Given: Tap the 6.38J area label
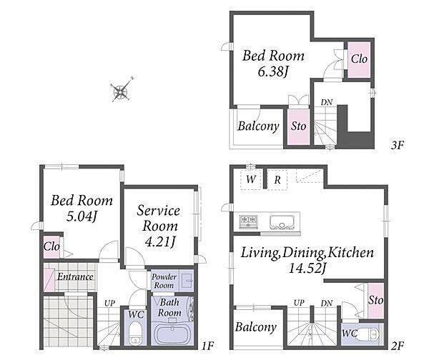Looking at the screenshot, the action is click(x=273, y=72).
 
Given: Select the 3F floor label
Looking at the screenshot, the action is click(x=398, y=145).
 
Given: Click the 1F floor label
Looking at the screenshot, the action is click(x=207, y=346).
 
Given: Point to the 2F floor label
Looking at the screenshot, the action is click(x=398, y=346).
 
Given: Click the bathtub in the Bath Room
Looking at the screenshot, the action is click(x=172, y=333).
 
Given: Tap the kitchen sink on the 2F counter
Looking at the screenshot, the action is click(x=282, y=222).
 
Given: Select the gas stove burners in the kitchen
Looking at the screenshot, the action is click(x=248, y=221).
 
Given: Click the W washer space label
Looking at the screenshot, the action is click(x=251, y=179).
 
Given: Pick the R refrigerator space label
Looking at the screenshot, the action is click(x=277, y=179).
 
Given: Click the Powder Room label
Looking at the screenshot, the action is click(x=164, y=281).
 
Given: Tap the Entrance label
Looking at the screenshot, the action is click(x=76, y=276).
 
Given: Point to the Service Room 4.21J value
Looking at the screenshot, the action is click(x=159, y=241).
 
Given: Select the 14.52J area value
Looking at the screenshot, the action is click(x=307, y=268).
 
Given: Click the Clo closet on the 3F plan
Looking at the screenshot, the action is click(x=359, y=59).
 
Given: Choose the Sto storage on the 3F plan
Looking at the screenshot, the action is click(x=298, y=126).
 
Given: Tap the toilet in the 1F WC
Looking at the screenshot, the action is click(x=134, y=334).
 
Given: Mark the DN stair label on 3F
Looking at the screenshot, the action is click(x=327, y=103).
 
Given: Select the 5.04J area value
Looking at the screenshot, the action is click(x=82, y=216).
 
